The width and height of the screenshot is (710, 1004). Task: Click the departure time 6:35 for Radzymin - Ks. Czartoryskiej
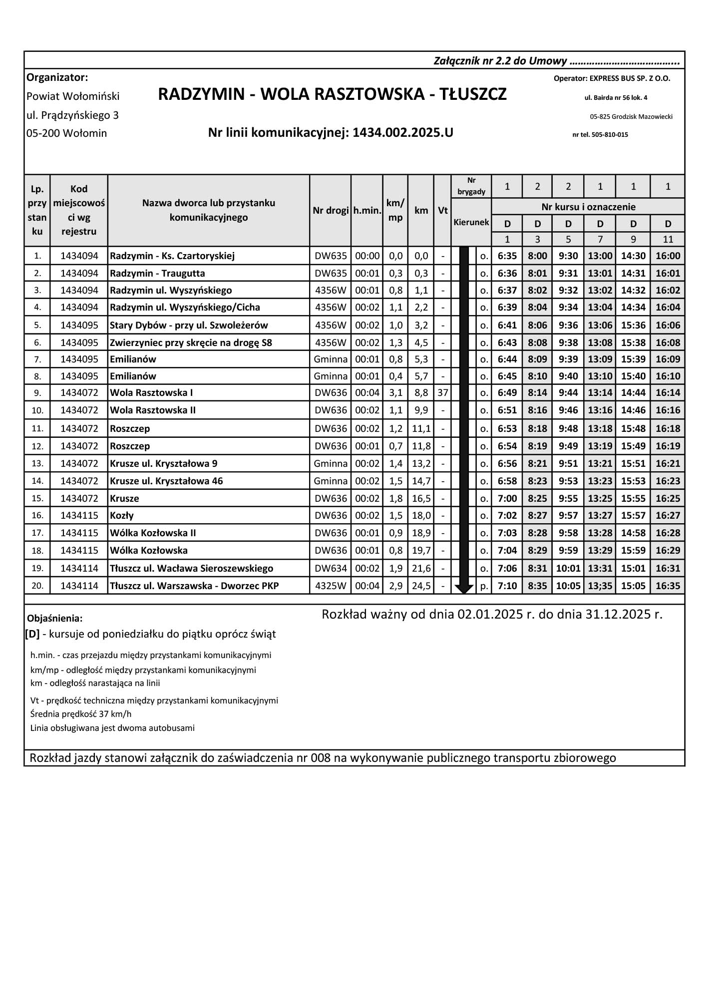[507, 256]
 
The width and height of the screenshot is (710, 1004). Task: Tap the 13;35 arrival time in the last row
[600, 586]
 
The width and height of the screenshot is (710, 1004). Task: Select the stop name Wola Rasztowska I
[151, 393]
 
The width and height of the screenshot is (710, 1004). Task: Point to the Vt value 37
[442, 393]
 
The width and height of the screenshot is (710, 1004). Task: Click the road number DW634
[330, 568]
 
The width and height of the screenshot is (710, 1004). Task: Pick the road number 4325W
[330, 586]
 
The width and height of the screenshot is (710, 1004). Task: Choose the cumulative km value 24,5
[421, 586]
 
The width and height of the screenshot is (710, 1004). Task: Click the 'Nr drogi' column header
[330, 210]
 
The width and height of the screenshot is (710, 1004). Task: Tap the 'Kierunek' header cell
[471, 222]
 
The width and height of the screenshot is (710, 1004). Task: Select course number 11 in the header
[668, 239]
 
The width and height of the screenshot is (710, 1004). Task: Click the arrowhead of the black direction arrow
[464, 589]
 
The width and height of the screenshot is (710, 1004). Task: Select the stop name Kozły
[122, 515]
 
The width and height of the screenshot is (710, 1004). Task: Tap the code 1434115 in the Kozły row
[79, 515]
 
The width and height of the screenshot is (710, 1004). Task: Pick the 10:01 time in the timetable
[568, 568]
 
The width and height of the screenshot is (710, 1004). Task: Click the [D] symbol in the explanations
[32, 634]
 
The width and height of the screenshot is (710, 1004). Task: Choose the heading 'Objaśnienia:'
[55, 619]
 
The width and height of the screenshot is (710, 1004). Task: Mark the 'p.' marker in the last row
[484, 586]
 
